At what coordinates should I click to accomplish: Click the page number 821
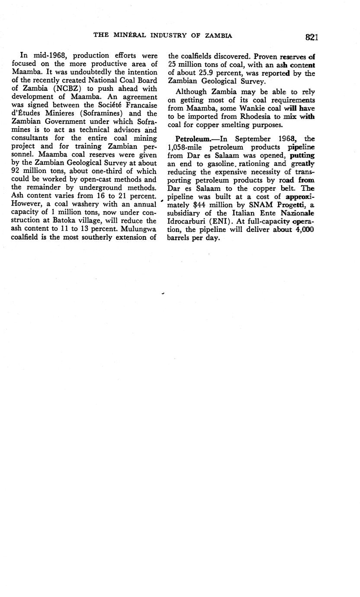click(x=311, y=37)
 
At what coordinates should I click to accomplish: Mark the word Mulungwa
click(x=135, y=229)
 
